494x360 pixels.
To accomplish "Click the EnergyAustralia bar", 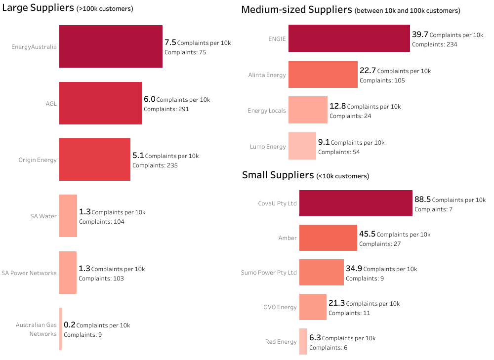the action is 111,46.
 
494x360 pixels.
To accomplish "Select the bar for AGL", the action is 100,103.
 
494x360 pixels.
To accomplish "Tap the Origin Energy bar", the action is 95,160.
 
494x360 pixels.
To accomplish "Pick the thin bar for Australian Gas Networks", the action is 60,329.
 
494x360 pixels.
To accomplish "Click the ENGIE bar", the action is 349,39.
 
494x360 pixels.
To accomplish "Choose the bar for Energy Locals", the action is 308,110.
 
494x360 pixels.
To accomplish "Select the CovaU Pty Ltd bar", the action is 356,203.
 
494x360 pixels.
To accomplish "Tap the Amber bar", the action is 328,238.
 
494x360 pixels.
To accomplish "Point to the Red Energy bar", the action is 303,341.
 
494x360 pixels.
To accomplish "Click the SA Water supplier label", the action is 43,216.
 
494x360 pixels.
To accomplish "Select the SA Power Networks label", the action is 29,273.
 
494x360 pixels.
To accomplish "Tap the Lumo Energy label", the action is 268,147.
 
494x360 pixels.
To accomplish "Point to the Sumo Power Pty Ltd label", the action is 269,273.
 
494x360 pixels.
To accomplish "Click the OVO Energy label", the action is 280,307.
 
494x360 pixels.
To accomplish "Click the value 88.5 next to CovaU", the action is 422,200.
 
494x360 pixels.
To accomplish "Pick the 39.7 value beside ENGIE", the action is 420,35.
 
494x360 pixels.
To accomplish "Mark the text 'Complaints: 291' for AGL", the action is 166,109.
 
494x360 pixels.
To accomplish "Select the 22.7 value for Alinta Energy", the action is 368,71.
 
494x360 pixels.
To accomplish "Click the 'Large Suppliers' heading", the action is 38,7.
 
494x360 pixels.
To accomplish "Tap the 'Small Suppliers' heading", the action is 278,175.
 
